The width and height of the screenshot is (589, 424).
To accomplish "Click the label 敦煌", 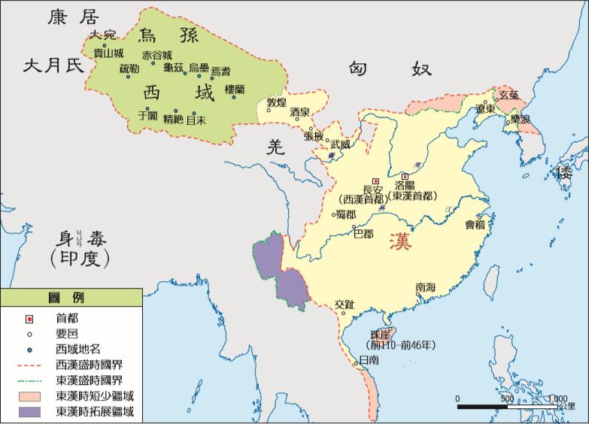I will tap(277, 102).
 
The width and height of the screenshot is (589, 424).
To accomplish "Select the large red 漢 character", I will tap(401, 243).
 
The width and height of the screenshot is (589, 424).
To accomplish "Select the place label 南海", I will tap(426, 287).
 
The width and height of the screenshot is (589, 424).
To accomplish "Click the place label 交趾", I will tap(344, 304).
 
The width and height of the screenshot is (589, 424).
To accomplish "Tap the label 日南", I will tap(369, 361).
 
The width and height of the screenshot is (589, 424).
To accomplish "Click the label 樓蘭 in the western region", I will tap(229, 89).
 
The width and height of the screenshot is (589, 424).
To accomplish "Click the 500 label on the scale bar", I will tap(506, 398).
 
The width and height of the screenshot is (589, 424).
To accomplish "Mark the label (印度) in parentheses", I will tap(78, 259).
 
